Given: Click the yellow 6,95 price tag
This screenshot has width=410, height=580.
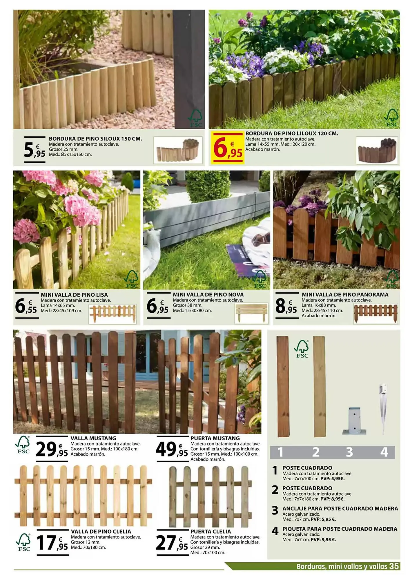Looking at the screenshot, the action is tap(228, 148).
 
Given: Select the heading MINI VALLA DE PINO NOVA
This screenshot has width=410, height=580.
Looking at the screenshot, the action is tap(208, 295).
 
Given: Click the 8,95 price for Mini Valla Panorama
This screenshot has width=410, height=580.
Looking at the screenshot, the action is tap(286, 306).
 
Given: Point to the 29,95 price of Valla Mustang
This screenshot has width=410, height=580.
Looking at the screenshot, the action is tap(52, 449).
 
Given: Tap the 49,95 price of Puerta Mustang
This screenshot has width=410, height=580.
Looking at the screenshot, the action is tap(172, 449).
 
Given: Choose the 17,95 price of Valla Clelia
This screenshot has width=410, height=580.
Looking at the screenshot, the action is tap(52, 543).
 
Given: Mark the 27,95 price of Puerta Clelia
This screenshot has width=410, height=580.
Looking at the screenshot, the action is tap(172, 543).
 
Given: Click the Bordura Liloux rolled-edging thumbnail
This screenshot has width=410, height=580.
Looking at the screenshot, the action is tap(377, 151).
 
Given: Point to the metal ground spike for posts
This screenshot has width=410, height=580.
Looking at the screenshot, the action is tap(383, 409).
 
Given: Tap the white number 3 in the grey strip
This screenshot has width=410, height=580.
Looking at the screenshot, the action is tap(349, 452).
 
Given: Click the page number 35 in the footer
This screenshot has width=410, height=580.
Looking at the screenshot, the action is tap(394, 566).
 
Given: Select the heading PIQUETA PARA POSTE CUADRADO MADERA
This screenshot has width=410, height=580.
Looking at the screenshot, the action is tap(340, 529).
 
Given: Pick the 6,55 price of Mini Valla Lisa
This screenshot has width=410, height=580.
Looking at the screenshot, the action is tap(26, 306).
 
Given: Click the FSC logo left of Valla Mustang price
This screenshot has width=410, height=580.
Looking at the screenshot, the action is tap(23, 445).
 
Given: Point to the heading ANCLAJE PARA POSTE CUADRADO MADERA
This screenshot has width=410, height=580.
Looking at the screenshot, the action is tap(340, 509).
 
